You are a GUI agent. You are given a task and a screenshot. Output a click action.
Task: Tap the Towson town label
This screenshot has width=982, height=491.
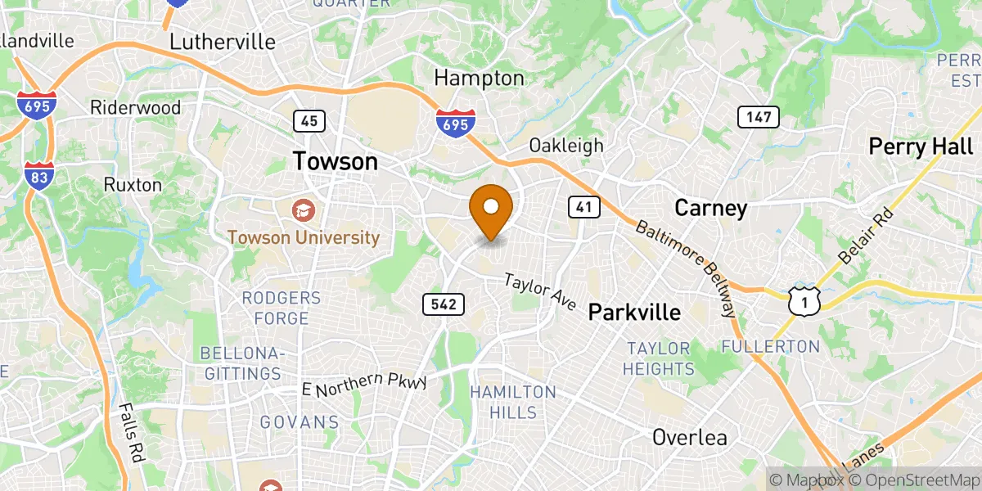point(336,161)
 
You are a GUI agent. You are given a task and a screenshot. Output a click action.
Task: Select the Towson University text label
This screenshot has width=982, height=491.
point(304,238)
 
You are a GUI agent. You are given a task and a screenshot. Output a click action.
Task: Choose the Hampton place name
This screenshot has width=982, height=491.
point(479,79)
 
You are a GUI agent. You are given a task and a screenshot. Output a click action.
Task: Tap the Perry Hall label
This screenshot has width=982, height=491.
point(921,146)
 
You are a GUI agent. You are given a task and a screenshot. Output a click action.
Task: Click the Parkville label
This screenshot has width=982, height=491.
point(634,312)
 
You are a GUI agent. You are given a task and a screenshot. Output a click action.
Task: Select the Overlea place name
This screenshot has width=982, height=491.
point(689,438)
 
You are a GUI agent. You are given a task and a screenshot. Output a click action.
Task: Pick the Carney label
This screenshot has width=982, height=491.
point(710,208)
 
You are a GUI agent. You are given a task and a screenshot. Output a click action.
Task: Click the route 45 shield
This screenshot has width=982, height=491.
point(309,121)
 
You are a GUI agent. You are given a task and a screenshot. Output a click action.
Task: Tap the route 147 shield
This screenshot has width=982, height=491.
point(759,117)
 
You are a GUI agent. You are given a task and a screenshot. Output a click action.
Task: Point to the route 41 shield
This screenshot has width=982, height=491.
point(583,207)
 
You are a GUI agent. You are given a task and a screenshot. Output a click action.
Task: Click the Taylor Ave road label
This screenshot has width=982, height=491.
point(540,291)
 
